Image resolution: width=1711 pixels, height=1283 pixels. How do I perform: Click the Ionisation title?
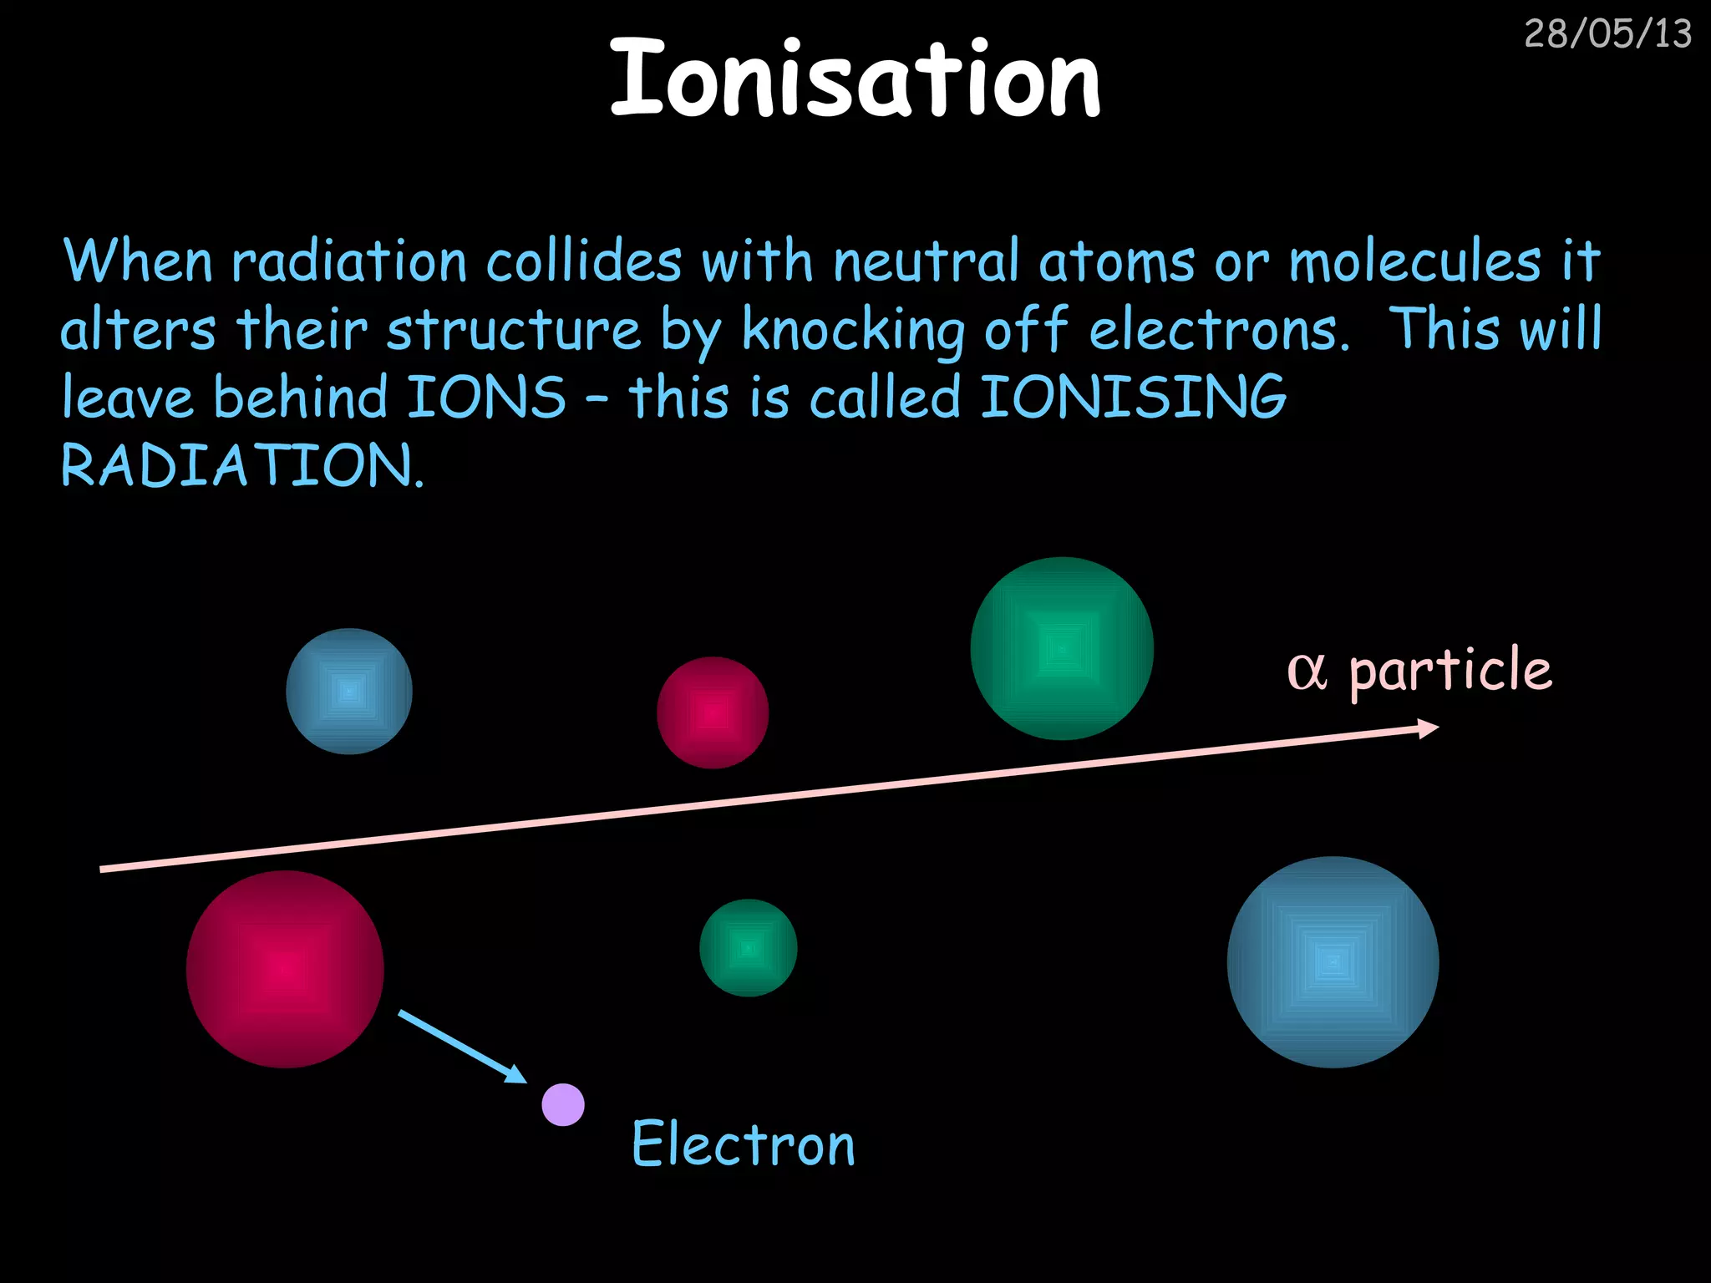855,79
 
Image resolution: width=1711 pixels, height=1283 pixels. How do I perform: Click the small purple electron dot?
563,1104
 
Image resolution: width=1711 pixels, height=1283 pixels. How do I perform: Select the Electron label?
743,1144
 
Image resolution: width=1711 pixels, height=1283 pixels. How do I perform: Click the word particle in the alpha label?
1450,672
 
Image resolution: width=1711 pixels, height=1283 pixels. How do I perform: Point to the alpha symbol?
1307,671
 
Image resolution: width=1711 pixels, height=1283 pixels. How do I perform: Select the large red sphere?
285,969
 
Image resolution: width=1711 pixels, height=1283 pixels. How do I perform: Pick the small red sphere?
713,712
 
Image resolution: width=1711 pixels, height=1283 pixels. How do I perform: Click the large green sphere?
1062,648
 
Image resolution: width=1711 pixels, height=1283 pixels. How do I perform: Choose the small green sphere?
748,948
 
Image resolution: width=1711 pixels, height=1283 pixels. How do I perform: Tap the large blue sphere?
1333,962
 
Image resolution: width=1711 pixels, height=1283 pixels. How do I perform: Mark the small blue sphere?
349,692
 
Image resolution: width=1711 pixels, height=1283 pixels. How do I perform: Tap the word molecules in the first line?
1414,261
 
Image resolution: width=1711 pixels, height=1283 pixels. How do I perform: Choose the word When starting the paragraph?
138,261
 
